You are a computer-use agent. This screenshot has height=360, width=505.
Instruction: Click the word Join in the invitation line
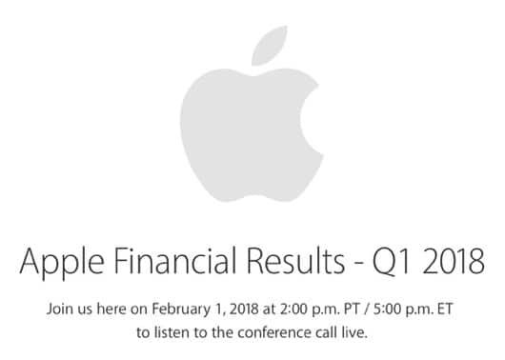tap(59, 310)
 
